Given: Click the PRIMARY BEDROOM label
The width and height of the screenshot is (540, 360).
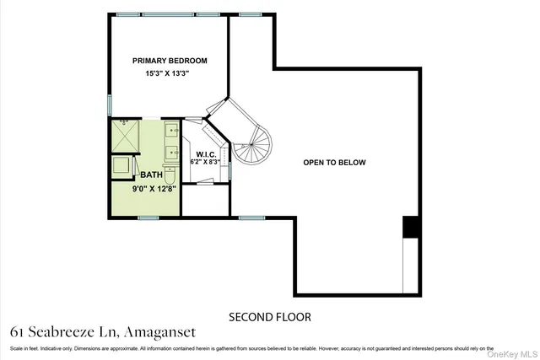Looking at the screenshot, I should [170, 61].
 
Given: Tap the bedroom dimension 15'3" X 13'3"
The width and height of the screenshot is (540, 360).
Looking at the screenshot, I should [170, 75].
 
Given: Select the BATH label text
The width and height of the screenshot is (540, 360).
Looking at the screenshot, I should [152, 175].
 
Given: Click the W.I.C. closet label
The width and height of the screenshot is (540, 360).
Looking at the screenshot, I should [207, 155].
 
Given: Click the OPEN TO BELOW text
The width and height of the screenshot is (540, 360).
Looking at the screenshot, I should [335, 163].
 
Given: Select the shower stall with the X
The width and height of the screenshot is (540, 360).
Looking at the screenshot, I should [127, 135].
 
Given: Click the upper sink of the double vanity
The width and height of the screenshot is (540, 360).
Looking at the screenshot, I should [171, 131].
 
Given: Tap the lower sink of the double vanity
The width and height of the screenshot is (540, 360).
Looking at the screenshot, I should [171, 153].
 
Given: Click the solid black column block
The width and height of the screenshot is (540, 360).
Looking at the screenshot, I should [411, 227].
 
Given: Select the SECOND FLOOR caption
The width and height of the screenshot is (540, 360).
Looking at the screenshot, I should [270, 317].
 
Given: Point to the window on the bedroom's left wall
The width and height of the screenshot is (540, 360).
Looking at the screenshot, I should [109, 105].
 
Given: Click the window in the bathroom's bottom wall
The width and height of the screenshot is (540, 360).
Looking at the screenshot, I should [148, 218].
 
